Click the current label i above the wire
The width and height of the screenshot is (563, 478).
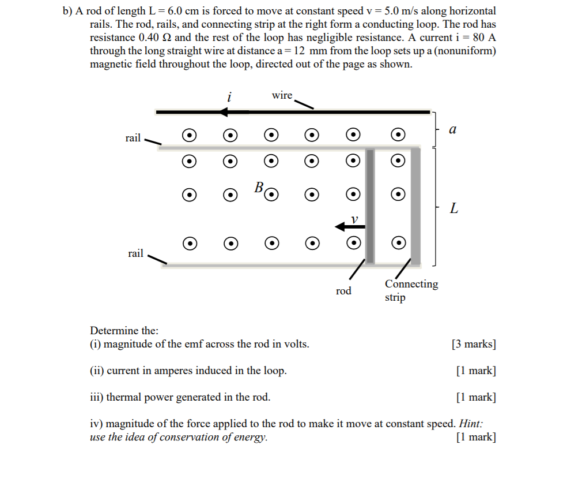click(229, 97)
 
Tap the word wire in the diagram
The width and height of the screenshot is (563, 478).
click(282, 95)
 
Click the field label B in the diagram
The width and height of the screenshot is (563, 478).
click(259, 187)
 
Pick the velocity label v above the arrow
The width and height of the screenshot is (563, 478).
click(355, 219)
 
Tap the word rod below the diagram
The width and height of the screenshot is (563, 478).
click(343, 291)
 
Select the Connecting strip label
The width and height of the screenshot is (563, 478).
click(411, 290)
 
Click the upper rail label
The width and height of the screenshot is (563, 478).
click(133, 137)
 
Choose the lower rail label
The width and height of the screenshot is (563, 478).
click(135, 253)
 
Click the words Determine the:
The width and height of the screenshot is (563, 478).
click(124, 331)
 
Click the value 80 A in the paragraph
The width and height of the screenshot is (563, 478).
click(482, 38)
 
